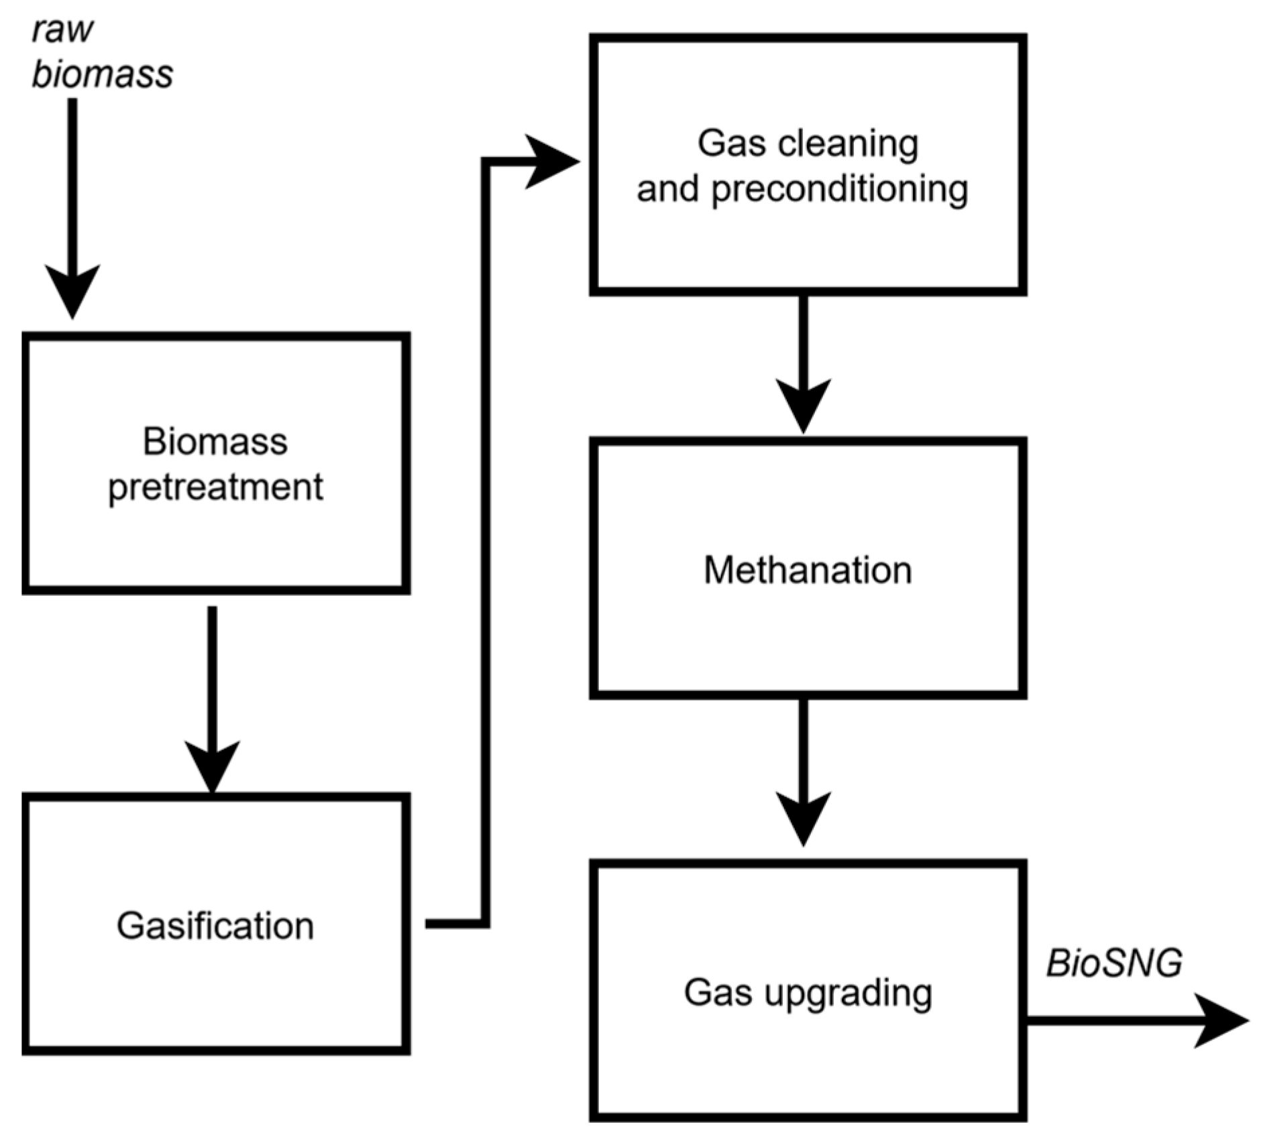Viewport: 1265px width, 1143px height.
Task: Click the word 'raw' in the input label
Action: (62, 31)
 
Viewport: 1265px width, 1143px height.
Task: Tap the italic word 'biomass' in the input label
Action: (102, 74)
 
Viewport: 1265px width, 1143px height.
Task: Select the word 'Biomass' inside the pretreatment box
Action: (215, 442)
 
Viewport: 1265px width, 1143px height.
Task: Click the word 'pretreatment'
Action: (215, 487)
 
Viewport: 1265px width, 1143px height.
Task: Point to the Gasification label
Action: (215, 926)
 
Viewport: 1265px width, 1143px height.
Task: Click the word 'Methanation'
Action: (808, 570)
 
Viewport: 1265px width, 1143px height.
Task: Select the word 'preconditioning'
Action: (839, 190)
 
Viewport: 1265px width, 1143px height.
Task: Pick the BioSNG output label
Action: (1113, 963)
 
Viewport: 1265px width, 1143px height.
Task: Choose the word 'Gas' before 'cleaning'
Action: (731, 143)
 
